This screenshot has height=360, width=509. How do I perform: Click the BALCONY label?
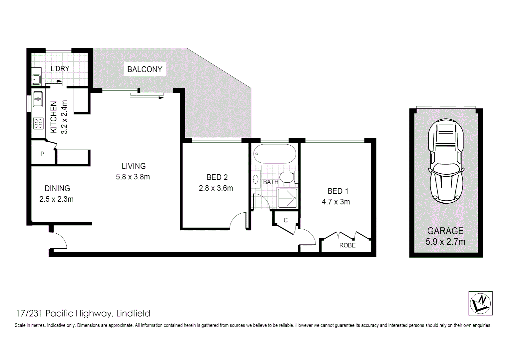[145, 69]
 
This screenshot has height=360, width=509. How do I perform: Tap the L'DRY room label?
[60, 69]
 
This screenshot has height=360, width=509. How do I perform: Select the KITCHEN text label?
[54, 117]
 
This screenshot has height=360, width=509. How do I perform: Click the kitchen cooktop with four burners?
[38, 123]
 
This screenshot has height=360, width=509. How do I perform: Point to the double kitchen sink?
[37, 98]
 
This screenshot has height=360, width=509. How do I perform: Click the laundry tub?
[36, 80]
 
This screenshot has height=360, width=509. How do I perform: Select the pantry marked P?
[43, 154]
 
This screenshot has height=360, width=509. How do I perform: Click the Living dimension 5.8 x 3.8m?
[133, 177]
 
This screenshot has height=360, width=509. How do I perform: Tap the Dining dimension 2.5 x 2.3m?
[56, 199]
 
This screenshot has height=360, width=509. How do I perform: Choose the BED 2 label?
[217, 177]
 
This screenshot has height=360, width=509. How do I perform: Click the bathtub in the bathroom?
[274, 154]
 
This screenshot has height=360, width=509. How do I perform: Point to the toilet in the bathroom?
[288, 177]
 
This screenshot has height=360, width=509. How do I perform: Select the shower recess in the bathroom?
[287, 197]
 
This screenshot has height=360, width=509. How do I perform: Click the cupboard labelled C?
[285, 220]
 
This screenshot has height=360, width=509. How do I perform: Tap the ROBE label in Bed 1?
[347, 245]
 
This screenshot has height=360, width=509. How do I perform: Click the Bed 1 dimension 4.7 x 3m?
[336, 202]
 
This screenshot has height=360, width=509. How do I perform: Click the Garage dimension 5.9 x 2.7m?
[445, 242]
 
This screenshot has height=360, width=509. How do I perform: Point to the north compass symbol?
[480, 303]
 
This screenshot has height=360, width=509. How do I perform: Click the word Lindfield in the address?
[133, 314]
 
